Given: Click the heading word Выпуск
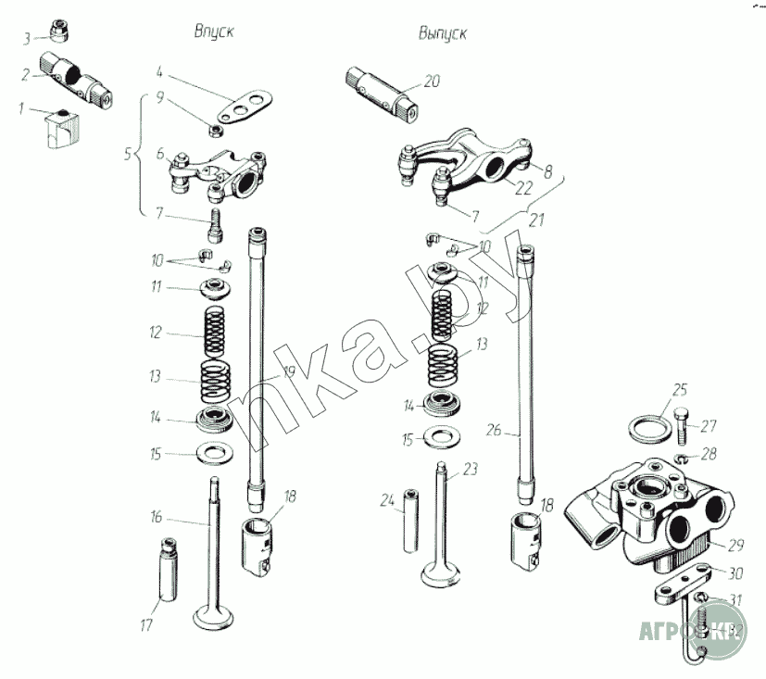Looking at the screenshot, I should [442, 33].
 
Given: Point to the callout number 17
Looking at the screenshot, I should [145, 625].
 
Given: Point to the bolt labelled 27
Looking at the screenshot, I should [683, 425].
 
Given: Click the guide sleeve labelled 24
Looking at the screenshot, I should [410, 522].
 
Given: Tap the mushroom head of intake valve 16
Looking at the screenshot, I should [215, 614].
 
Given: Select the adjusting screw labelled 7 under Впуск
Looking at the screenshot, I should [216, 223].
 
